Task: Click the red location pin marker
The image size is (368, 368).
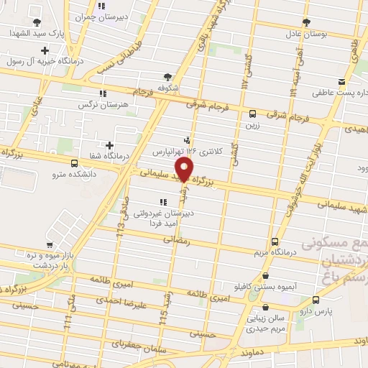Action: pos(185,170)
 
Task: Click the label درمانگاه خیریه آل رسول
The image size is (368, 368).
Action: pos(47,61)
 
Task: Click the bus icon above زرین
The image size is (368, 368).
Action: pos(252,114)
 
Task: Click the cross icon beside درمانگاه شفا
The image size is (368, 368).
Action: pos(109,145)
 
